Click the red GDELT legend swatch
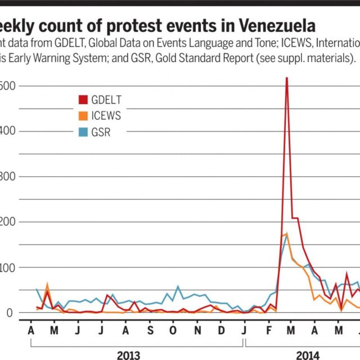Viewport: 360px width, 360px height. (x=83, y=100)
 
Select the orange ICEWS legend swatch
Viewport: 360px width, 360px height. (x=83, y=116)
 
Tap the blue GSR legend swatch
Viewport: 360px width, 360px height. (x=83, y=133)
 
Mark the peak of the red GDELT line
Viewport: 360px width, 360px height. (x=287, y=78)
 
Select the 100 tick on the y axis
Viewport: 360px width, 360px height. (x=7, y=268)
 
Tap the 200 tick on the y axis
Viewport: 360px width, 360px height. (x=7, y=222)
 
